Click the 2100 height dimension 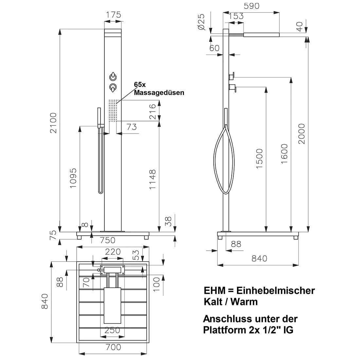53,123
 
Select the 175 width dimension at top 114,15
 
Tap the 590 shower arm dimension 252,6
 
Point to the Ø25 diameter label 201,22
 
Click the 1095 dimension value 73,178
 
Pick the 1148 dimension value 153,179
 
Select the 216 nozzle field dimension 153,112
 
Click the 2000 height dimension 301,134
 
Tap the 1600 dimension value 284,153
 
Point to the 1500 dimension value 259,159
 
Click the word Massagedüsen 159,93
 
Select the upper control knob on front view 113,77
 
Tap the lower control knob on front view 113,88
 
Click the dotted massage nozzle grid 113,110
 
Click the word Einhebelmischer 276,291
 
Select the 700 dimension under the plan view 114,347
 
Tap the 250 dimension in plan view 112,330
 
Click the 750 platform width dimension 107,240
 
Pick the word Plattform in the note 224,330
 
